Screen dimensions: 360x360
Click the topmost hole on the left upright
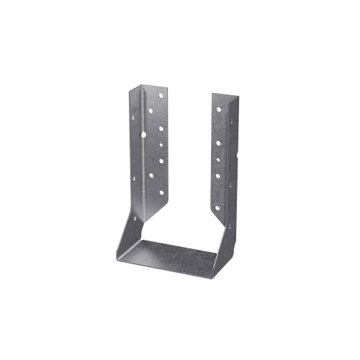click(x=161, y=95)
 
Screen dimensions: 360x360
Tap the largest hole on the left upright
click(x=143, y=135)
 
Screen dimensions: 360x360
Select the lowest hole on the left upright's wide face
click(x=161, y=192)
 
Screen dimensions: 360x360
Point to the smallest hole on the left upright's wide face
click(x=161, y=145)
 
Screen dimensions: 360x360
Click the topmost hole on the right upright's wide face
click(x=218, y=109)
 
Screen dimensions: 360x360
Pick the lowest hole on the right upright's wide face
click(x=217, y=208)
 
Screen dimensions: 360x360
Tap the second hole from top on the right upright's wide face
click(x=218, y=143)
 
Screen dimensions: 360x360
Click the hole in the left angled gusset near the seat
click(x=135, y=218)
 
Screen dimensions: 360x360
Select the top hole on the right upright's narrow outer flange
click(x=231, y=122)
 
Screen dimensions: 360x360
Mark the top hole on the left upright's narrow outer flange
click(x=134, y=117)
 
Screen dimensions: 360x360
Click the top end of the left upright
click(x=148, y=87)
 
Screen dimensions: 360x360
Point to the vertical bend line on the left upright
click(x=143, y=158)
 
